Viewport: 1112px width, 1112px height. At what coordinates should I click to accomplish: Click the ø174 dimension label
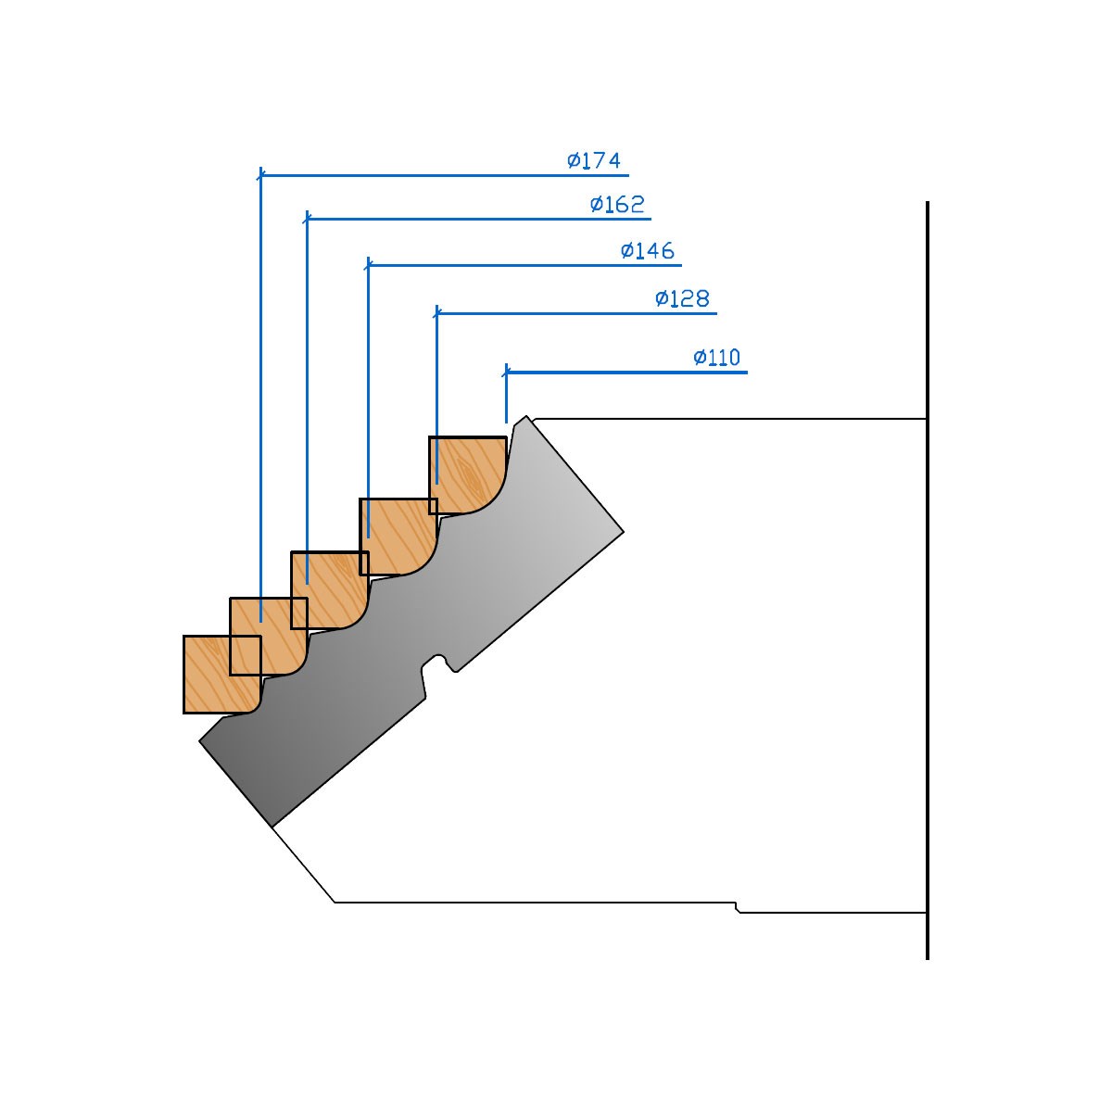pyautogui.click(x=594, y=159)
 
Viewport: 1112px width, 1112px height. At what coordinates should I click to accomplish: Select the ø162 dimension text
pyautogui.click(x=617, y=204)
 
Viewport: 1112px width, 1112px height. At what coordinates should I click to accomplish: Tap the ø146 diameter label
pyautogui.click(x=648, y=250)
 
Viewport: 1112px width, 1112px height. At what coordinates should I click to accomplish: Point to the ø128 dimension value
pyautogui.click(x=682, y=298)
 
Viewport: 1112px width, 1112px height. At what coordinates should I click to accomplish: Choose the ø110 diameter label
pyautogui.click(x=716, y=357)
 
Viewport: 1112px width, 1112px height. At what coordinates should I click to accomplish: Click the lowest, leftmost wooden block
pyautogui.click(x=222, y=674)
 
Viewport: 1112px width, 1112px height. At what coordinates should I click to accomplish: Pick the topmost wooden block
pyautogui.click(x=467, y=475)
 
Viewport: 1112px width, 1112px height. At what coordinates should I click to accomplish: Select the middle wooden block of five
pyautogui.click(x=329, y=589)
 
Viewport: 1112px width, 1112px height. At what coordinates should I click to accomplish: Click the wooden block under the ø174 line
pyautogui.click(x=269, y=636)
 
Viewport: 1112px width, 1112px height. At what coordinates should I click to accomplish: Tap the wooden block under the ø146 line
pyautogui.click(x=398, y=537)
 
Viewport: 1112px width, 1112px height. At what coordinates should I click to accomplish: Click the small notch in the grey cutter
pyautogui.click(x=438, y=664)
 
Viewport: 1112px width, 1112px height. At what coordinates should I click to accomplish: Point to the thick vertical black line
pyautogui.click(x=928, y=580)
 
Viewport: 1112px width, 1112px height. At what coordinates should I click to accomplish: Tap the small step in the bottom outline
pyautogui.click(x=737, y=908)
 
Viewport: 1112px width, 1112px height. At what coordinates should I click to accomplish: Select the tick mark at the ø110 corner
pyautogui.click(x=506, y=373)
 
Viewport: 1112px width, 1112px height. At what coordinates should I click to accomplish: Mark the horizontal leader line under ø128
pyautogui.click(x=576, y=313)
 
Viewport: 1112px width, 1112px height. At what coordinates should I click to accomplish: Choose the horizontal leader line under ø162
pyautogui.click(x=479, y=219)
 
